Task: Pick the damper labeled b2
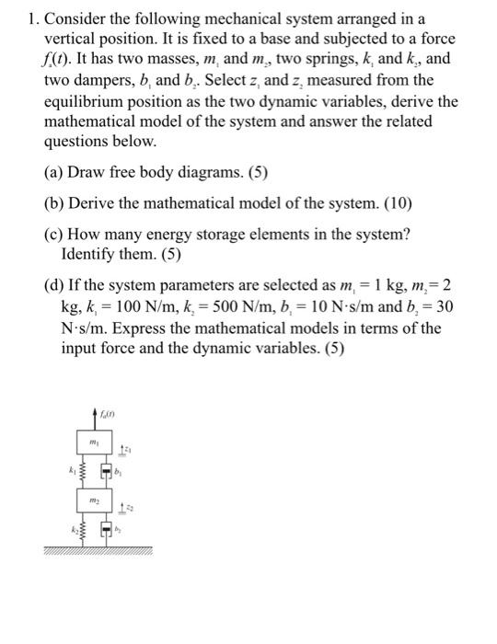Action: click(108, 531)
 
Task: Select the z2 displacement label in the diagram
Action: click(128, 507)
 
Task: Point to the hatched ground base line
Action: click(96, 550)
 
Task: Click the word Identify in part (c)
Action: click(89, 253)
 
